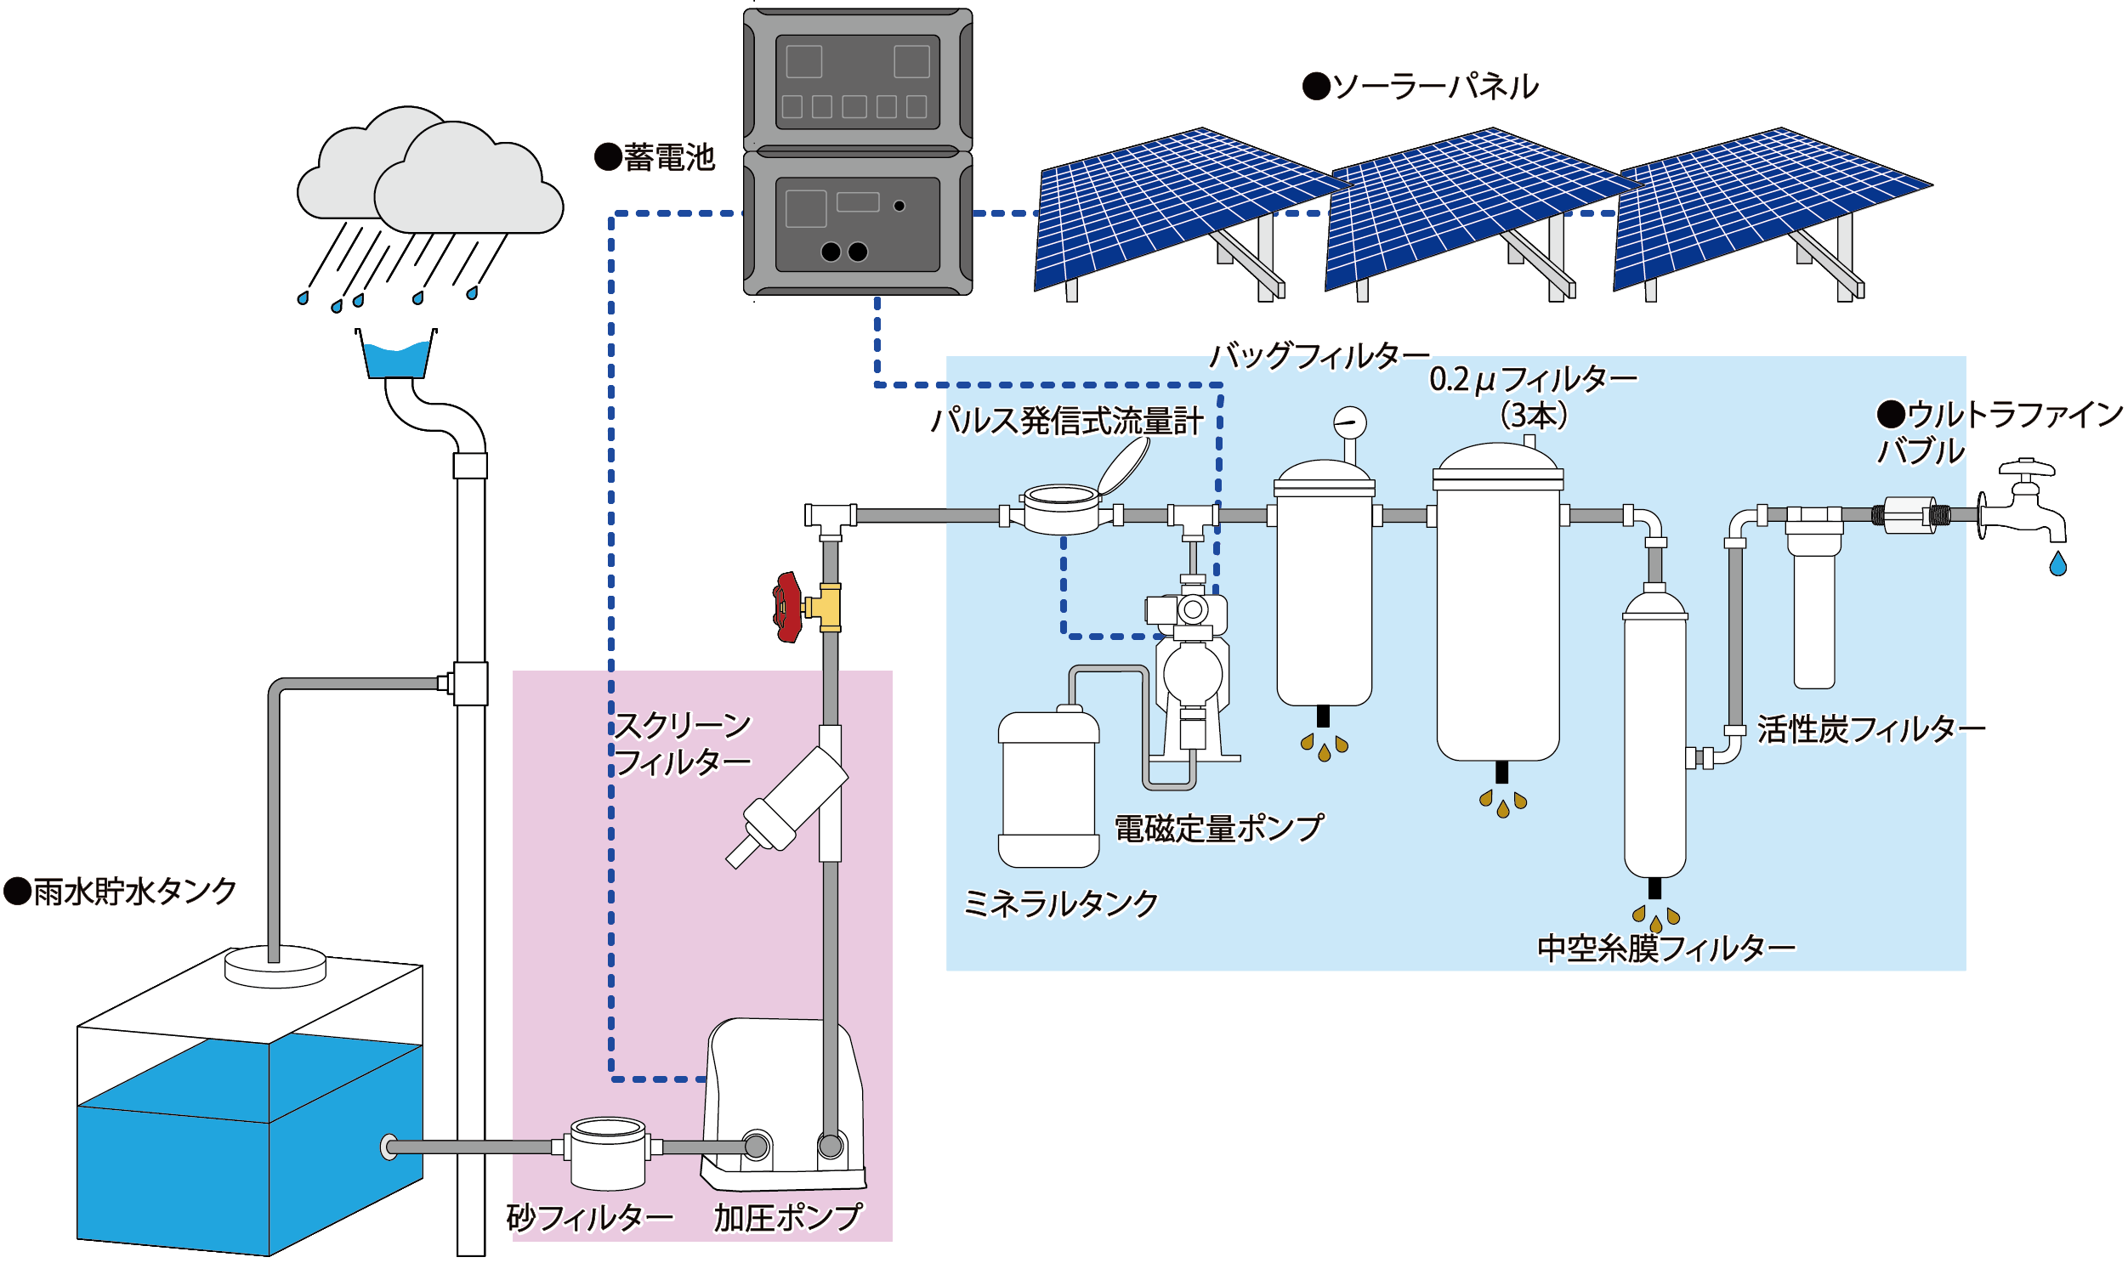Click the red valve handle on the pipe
click(787, 607)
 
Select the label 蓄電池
click(655, 158)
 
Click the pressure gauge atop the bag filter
click(1349, 423)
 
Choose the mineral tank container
click(1048, 789)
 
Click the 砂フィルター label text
click(589, 1218)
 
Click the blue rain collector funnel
click(397, 360)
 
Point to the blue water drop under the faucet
click(2058, 565)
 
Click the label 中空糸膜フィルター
click(1666, 949)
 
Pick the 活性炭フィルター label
click(1871, 730)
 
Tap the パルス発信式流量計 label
click(1066, 422)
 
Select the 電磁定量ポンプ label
click(1218, 829)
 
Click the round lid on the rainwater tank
click(275, 966)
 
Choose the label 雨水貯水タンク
click(121, 892)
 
